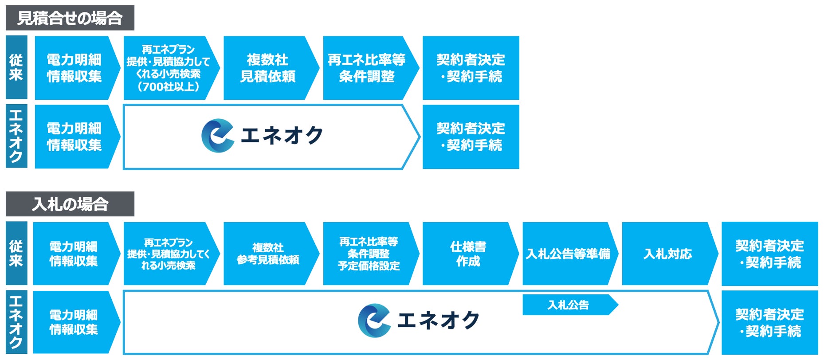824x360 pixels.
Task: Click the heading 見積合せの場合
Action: [70, 18]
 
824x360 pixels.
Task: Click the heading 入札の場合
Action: [70, 204]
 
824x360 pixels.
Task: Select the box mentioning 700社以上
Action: [169, 68]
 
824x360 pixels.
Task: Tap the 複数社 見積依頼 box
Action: [267, 68]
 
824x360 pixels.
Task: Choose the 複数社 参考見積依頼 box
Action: [267, 254]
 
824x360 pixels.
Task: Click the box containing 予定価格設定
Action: [368, 254]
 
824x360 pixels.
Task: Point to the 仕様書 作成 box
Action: [468, 254]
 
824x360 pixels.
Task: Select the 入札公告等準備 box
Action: [568, 254]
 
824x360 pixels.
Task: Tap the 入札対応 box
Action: [667, 254]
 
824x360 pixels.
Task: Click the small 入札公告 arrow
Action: [568, 305]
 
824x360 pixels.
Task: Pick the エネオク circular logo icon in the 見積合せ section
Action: [217, 136]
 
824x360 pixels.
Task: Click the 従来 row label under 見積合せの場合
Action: [16, 67]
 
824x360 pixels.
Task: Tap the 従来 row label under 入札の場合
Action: [16, 253]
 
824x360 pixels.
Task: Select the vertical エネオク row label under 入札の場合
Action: [16, 322]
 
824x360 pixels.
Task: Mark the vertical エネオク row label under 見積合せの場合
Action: [16, 136]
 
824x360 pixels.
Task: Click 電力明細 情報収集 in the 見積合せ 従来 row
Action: [74, 68]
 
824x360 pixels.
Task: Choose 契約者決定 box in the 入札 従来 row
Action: [769, 254]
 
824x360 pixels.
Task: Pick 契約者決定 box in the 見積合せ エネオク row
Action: [471, 137]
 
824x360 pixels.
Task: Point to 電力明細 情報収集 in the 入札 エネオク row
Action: [73, 322]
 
